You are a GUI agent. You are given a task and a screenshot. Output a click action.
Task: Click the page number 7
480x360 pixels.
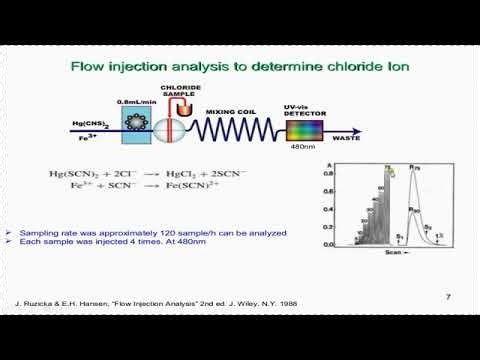point(447,297)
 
